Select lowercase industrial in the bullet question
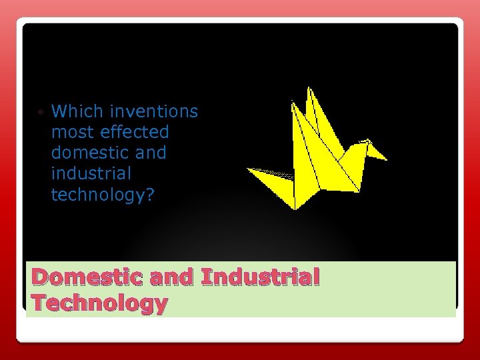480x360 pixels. pyautogui.click(x=91, y=173)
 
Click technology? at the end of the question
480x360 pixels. pyautogui.click(x=102, y=195)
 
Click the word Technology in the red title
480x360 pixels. pyautogui.click(x=99, y=303)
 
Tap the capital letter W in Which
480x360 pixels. pyautogui.click(x=58, y=111)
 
